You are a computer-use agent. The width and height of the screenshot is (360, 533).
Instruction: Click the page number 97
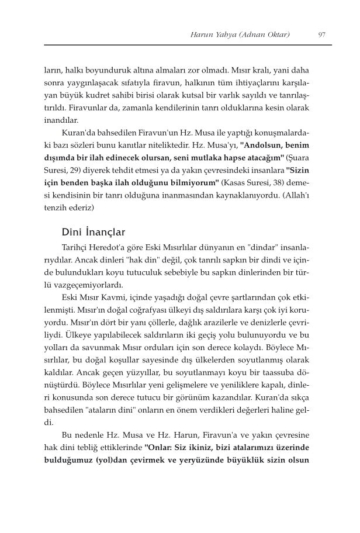[x=322, y=34]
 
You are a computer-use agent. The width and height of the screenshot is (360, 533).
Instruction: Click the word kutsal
[x=220, y=95]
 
